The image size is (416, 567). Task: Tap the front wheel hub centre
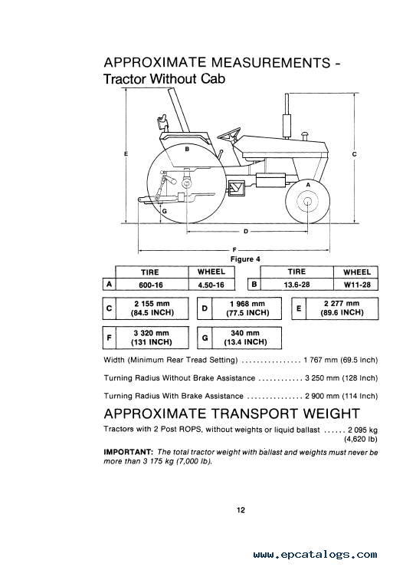pyautogui.click(x=307, y=202)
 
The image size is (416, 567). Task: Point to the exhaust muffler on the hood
pyautogui.click(x=287, y=126)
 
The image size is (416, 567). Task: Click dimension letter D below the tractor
pyautogui.click(x=246, y=232)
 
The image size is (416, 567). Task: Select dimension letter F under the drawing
pyautogui.click(x=234, y=249)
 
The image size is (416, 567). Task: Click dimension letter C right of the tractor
pyautogui.click(x=354, y=154)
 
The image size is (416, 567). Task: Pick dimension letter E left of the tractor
pyautogui.click(x=126, y=153)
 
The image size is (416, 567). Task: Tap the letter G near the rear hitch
pyautogui.click(x=164, y=211)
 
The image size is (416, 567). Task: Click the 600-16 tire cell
pyautogui.click(x=151, y=285)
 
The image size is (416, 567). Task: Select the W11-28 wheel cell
pyautogui.click(x=357, y=284)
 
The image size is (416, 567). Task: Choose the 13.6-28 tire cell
pyautogui.click(x=296, y=284)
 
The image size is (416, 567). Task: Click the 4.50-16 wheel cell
pyautogui.click(x=211, y=285)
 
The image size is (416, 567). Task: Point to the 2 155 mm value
pyautogui.click(x=152, y=304)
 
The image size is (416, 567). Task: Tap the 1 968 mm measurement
pyautogui.click(x=247, y=304)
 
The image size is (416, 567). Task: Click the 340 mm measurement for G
pyautogui.click(x=245, y=333)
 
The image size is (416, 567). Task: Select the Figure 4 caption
pyautogui.click(x=245, y=259)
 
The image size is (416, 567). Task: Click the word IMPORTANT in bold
pyautogui.click(x=129, y=452)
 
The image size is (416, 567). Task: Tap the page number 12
pyautogui.click(x=241, y=510)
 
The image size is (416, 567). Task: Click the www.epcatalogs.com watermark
pyautogui.click(x=315, y=555)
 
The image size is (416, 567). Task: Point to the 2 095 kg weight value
pyautogui.click(x=362, y=430)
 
